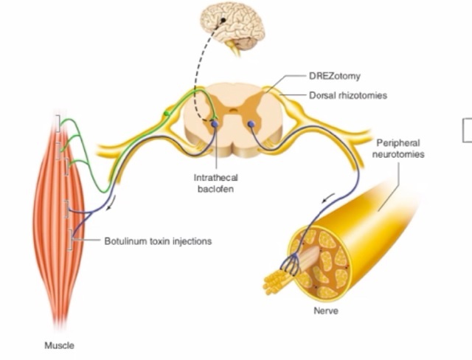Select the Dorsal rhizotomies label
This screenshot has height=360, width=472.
coord(346,95)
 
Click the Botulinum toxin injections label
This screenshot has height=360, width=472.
coord(158,240)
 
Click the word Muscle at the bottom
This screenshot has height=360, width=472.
coord(60,345)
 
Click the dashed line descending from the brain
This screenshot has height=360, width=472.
coord(194,81)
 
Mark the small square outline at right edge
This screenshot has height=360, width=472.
coord(468,130)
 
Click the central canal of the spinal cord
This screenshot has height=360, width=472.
coord(233,117)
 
